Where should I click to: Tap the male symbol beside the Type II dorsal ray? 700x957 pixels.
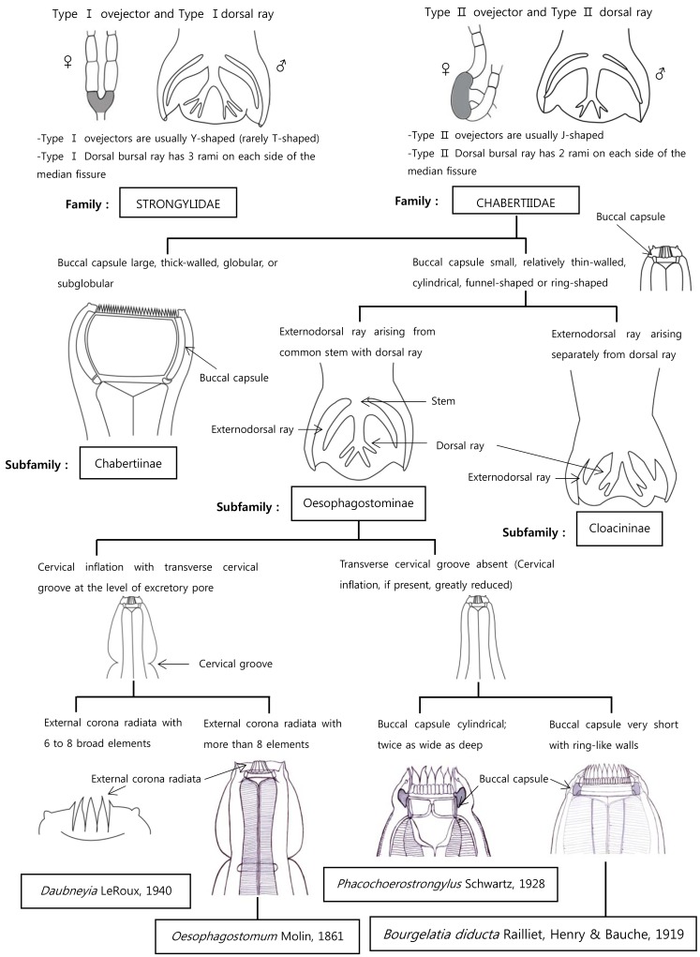(659, 73)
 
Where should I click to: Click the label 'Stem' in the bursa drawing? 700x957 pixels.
(444, 401)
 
